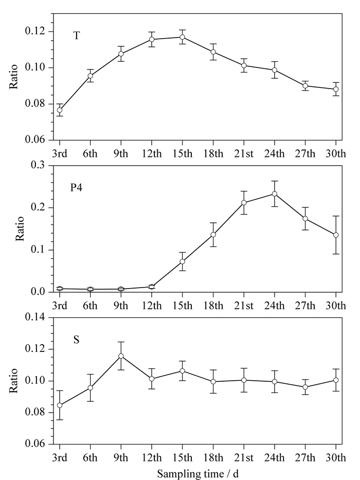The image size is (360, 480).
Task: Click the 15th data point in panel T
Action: point(183,37)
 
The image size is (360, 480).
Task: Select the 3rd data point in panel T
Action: point(60,110)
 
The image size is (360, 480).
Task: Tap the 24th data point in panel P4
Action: point(274,194)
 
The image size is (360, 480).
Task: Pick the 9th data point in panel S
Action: point(121,356)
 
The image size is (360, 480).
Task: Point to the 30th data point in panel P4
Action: point(336,235)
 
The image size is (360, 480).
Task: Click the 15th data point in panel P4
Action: point(183,261)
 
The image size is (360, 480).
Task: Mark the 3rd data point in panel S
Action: point(60,405)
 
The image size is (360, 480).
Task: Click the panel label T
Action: point(76,36)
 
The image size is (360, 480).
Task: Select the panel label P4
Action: point(76,187)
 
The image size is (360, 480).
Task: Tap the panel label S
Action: point(76,340)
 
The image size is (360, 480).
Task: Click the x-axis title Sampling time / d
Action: point(198,474)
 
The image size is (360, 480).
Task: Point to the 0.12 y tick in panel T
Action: point(35,31)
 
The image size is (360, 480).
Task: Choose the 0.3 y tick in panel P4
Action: point(38,165)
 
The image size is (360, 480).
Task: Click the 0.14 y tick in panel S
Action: point(35,317)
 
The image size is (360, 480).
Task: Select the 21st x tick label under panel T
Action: point(244,153)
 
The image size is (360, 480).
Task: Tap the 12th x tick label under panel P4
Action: point(152,305)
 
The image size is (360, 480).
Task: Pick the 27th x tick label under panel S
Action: point(305,457)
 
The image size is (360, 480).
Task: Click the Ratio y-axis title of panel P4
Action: point(20,228)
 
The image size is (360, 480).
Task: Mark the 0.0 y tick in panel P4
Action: point(38,292)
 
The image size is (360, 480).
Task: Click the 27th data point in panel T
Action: point(305,86)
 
